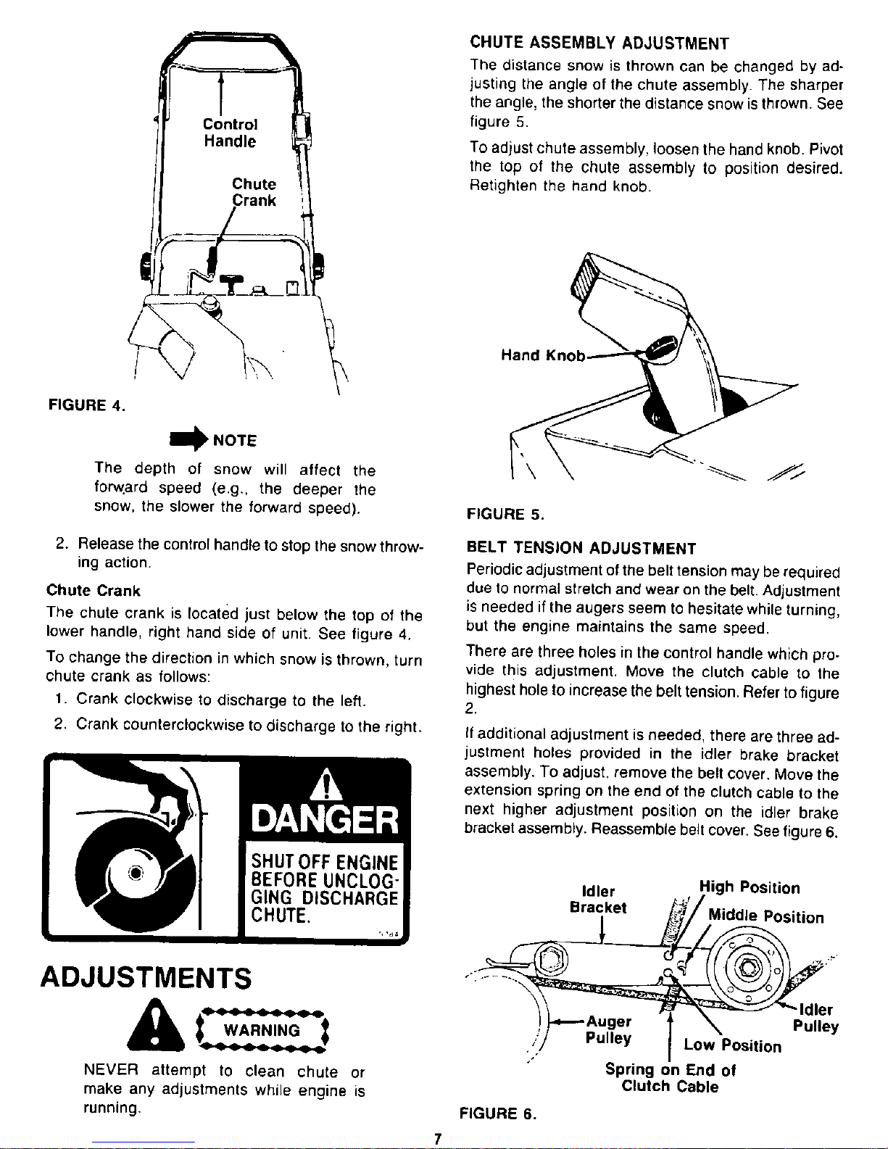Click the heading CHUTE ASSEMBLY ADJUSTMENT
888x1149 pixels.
coord(599,40)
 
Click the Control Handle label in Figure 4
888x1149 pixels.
coord(228,132)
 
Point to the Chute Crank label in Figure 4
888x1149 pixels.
coord(254,193)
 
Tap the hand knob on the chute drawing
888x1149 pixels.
coord(660,348)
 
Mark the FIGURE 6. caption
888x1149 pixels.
coord(497,1113)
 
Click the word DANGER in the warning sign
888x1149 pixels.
coord(324,821)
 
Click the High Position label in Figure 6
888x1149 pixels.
coord(749,888)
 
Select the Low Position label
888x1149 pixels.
coord(733,1045)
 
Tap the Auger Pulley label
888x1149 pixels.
coord(609,1029)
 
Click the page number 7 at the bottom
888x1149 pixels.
coord(437,1139)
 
